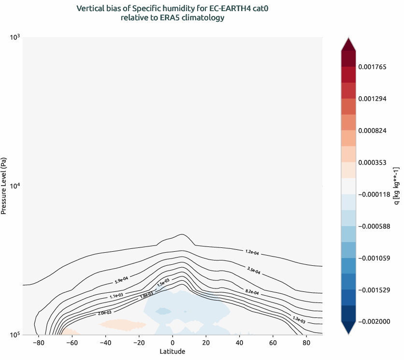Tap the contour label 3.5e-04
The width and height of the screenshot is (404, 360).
tap(253, 270)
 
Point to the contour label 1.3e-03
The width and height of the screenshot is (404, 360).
tap(299, 319)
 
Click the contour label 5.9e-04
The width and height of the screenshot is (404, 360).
tap(121, 279)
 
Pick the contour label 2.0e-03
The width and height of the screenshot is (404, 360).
tap(104, 313)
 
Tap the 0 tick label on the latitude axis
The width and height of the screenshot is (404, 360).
tap(172, 343)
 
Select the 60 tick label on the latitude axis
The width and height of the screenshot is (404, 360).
tap(272, 343)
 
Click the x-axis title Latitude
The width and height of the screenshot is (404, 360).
tap(172, 351)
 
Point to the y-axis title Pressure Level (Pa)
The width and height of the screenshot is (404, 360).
tap(4, 186)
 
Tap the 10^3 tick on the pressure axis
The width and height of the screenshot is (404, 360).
tap(13, 37)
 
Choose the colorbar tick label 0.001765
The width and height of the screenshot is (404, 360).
tap(372, 67)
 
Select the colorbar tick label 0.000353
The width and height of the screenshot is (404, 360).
tap(372, 162)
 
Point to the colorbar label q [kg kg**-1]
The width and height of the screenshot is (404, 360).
tap(397, 186)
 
